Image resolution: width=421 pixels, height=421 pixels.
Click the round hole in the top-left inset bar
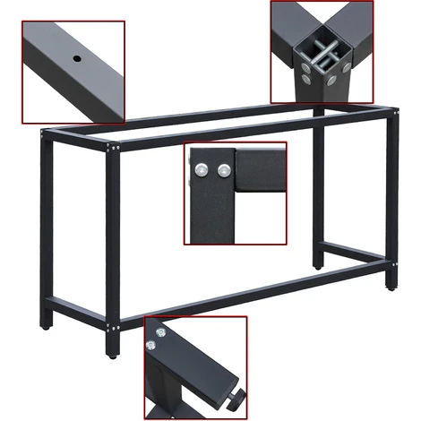(77, 59)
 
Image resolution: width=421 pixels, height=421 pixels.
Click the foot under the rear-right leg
(318, 264)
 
